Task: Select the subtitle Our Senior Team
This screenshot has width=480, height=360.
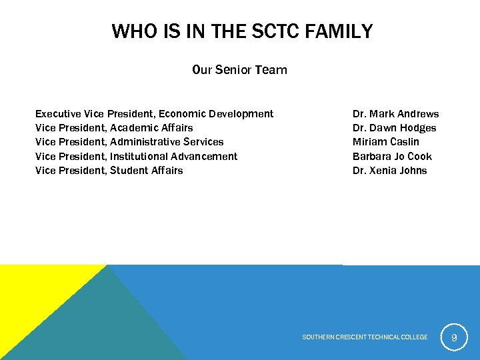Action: pyautogui.click(x=239, y=70)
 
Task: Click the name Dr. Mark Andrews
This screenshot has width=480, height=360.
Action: pyautogui.click(x=395, y=114)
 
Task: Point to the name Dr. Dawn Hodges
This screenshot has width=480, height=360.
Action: pyautogui.click(x=394, y=128)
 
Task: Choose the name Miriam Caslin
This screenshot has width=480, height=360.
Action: pyautogui.click(x=385, y=142)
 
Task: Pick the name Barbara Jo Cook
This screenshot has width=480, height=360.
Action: pyautogui.click(x=392, y=157)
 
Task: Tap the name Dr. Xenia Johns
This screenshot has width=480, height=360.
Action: pyautogui.click(x=389, y=171)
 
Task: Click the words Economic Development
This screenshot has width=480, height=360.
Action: pyautogui.click(x=215, y=114)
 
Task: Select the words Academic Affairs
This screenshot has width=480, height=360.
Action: pyautogui.click(x=151, y=128)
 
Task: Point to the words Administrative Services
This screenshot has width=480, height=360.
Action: pyautogui.click(x=167, y=142)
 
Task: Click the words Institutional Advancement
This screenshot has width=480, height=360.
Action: pyautogui.click(x=173, y=157)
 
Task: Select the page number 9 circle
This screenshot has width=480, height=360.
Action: pyautogui.click(x=454, y=337)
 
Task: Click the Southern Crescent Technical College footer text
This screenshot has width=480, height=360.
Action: pyautogui.click(x=365, y=337)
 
